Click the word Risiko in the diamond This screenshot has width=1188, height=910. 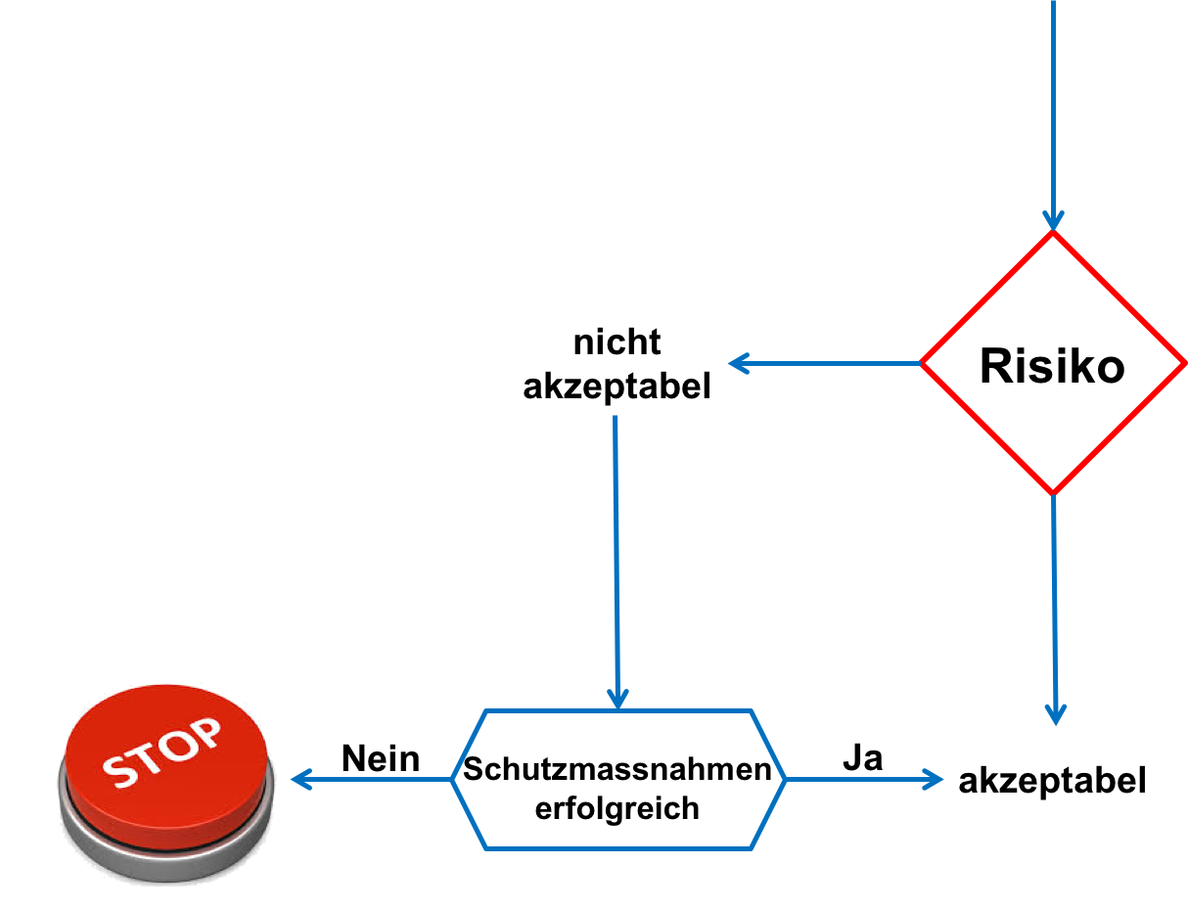pyautogui.click(x=1052, y=366)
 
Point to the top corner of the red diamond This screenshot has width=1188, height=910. pyautogui.click(x=1053, y=234)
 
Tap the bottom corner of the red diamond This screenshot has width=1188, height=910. pyautogui.click(x=1053, y=493)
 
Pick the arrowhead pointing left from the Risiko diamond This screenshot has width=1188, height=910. pyautogui.click(x=737, y=364)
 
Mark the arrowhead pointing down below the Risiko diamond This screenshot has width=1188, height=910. pyautogui.click(x=1055, y=715)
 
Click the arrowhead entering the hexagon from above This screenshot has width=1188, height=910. pyautogui.click(x=617, y=699)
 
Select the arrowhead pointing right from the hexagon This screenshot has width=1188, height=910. pyautogui.click(x=934, y=780)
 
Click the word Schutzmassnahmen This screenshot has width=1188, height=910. pyautogui.click(x=617, y=770)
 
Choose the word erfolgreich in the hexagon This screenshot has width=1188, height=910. pyautogui.click(x=617, y=809)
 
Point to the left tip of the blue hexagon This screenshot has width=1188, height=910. pyautogui.click(x=453, y=780)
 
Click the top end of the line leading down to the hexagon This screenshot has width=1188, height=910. pyautogui.click(x=615, y=417)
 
